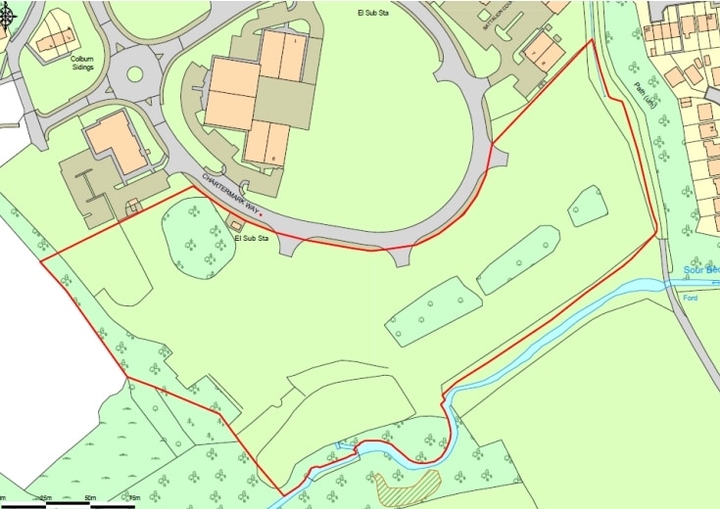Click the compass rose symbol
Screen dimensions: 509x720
(x=7, y=16)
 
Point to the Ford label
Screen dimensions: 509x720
(x=691, y=298)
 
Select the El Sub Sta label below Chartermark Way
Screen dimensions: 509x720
(x=252, y=238)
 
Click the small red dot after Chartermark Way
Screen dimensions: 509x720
(x=261, y=212)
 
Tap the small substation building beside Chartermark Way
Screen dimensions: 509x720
(x=235, y=225)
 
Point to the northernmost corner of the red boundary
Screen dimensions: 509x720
(x=593, y=41)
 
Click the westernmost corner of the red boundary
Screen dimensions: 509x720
(x=39, y=262)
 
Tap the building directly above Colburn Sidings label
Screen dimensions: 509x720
(x=58, y=34)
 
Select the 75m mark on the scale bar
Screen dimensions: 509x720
(x=134, y=499)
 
